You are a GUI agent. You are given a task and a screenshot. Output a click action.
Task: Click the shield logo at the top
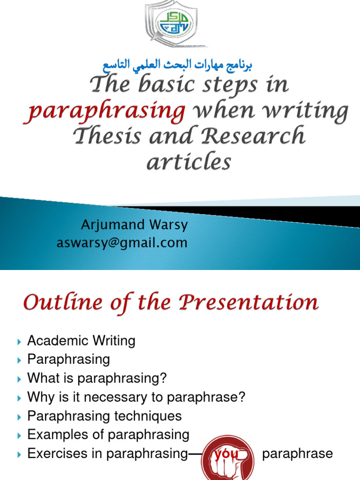(172, 23)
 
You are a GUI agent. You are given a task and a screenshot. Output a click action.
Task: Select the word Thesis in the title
(101, 136)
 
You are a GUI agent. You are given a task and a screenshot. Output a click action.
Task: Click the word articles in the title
(189, 162)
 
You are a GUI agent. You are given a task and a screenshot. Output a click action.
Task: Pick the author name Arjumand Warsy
(135, 225)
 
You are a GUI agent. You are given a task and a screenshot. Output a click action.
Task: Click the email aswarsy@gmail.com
(122, 243)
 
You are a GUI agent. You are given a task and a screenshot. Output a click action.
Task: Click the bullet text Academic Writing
(81, 341)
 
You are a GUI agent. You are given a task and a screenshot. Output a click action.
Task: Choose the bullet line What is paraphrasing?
(97, 378)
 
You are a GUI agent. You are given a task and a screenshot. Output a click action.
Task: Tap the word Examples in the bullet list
(56, 435)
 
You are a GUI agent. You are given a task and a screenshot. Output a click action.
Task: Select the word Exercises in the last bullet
(57, 453)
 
